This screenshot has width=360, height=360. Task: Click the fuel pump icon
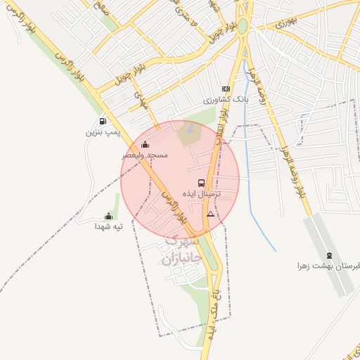[x=104, y=121]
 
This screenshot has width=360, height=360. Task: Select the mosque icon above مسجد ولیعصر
[x=145, y=145]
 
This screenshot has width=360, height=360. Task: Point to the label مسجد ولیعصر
[x=145, y=155]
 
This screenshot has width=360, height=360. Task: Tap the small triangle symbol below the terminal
[x=210, y=213]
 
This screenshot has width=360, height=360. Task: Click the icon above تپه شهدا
[x=108, y=217]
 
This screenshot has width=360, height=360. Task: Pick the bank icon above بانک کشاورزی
[x=226, y=89]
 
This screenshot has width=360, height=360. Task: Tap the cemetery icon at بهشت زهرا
[x=330, y=255]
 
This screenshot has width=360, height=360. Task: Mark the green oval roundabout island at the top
[x=243, y=26]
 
